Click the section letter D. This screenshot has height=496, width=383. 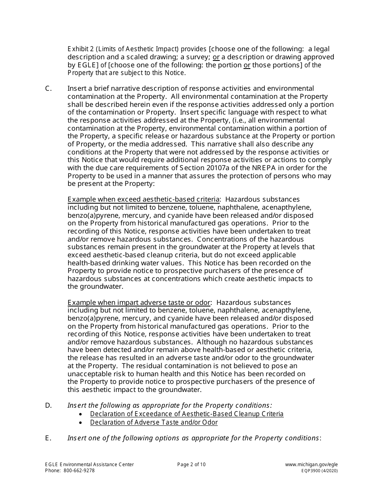[x=48, y=405]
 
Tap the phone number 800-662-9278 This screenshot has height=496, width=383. [x=79, y=471]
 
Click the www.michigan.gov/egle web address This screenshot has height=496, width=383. [x=311, y=465]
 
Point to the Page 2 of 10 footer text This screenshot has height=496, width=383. [x=191, y=465]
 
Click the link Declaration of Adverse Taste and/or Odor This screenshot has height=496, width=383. [x=154, y=423]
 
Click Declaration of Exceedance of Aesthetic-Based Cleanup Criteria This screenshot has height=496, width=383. [x=187, y=414]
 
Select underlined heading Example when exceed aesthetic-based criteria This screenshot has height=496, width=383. [x=144, y=200]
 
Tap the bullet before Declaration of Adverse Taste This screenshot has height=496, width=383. [x=82, y=423]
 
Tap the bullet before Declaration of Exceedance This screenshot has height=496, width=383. [x=82, y=415]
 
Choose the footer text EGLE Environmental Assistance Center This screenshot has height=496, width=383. [x=89, y=465]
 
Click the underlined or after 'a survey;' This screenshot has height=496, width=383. [x=216, y=57]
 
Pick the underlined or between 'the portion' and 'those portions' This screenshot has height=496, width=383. [x=247, y=65]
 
